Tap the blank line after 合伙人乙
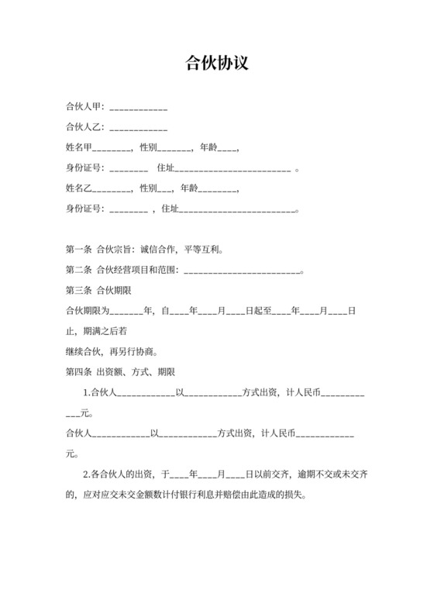139,127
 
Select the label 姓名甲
79,147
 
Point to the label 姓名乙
79,188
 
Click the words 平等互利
204,250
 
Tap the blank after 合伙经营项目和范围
242,271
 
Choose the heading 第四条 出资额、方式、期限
121,372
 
